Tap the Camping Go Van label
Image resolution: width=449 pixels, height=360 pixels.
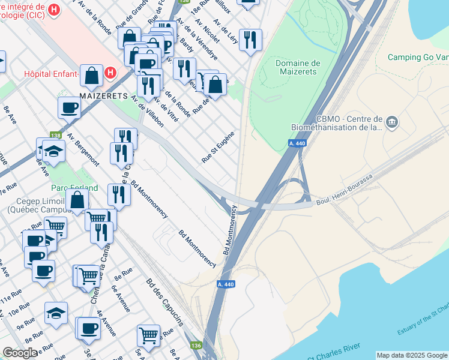[418, 58]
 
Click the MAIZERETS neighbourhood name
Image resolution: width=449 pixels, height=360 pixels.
[104, 95]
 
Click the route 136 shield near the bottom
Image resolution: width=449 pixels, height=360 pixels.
[196, 346]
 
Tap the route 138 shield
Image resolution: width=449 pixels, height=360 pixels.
[56, 136]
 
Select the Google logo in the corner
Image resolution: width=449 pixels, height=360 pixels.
[20, 353]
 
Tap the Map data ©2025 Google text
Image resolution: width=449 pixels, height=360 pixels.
[412, 355]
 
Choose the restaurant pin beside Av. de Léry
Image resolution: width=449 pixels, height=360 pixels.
[250, 40]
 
